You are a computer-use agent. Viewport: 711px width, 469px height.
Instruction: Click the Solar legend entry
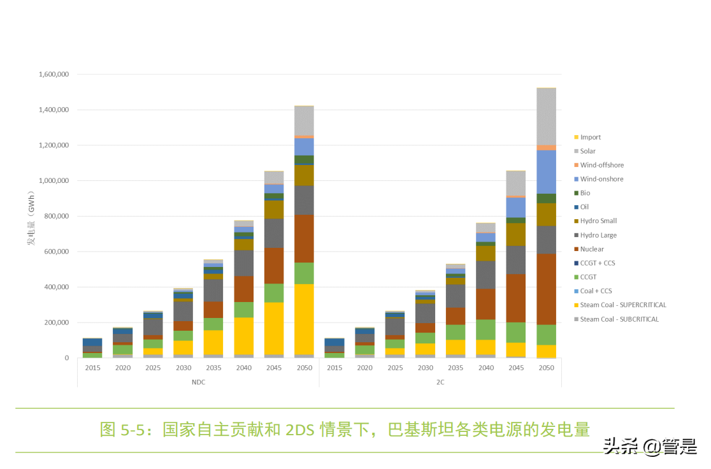pyautogui.click(x=587, y=151)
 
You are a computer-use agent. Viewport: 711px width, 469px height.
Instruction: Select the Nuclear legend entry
pyautogui.click(x=592, y=249)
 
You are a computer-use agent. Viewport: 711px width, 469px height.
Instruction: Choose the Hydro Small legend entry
pyautogui.click(x=598, y=221)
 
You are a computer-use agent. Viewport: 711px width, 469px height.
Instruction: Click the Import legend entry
pyautogui.click(x=590, y=137)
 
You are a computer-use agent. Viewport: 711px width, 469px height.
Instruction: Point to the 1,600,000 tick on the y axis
pyautogui.click(x=54, y=75)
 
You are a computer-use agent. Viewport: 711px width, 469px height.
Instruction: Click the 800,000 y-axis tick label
pyautogui.click(x=56, y=217)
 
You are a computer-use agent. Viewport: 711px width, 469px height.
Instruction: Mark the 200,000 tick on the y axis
pyautogui.click(x=56, y=323)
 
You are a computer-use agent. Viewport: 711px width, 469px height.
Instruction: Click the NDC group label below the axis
pyautogui.click(x=198, y=382)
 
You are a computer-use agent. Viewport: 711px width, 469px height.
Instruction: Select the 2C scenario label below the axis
pyautogui.click(x=440, y=382)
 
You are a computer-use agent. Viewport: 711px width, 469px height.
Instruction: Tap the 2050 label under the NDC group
pyautogui.click(x=304, y=368)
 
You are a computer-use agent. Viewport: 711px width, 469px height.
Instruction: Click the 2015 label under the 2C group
pyautogui.click(x=334, y=368)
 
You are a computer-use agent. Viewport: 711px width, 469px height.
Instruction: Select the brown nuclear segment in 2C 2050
pyautogui.click(x=546, y=290)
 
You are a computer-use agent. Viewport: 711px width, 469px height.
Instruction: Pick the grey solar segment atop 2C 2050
pyautogui.click(x=546, y=117)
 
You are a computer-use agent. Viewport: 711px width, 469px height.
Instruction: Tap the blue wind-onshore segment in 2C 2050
pyautogui.click(x=546, y=172)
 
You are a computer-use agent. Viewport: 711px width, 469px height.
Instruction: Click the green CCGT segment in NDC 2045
pyautogui.click(x=274, y=292)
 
